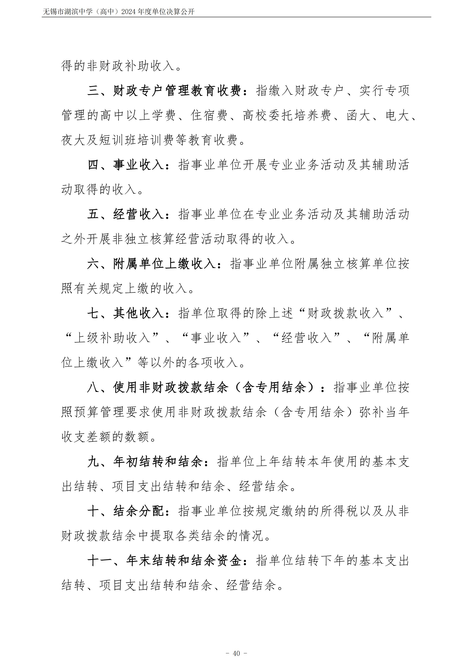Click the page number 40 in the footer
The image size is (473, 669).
coord(236,645)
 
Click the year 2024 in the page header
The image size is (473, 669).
coord(128,12)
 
